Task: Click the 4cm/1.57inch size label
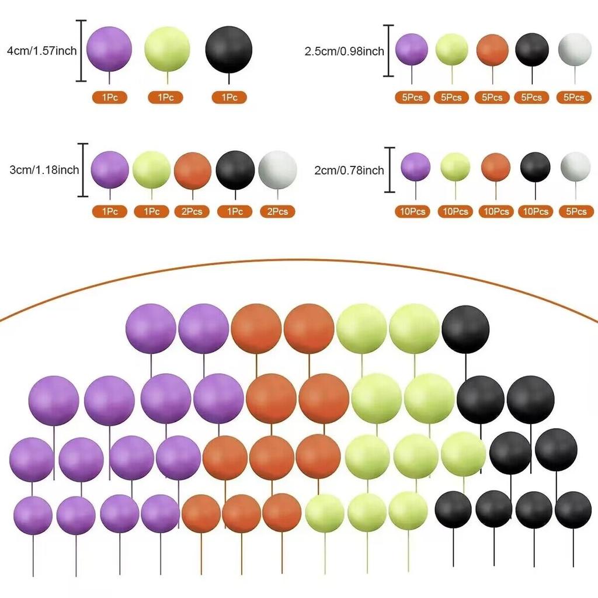pyautogui.click(x=42, y=51)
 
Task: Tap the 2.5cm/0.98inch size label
pyautogui.click(x=345, y=51)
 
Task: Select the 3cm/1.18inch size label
pyautogui.click(x=44, y=170)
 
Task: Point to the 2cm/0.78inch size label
pyautogui.click(x=349, y=170)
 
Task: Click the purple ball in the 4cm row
pyautogui.click(x=109, y=49)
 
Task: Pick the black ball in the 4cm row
pyautogui.click(x=228, y=50)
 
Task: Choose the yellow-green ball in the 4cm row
pyautogui.click(x=167, y=49)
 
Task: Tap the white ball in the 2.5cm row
pyautogui.click(x=575, y=50)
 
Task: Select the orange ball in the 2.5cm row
pyautogui.click(x=492, y=50)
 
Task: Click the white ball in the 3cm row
pyautogui.click(x=277, y=170)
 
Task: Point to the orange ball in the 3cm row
pyautogui.click(x=193, y=171)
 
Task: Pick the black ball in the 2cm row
pyautogui.click(x=536, y=167)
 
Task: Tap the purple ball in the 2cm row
pyautogui.click(x=416, y=166)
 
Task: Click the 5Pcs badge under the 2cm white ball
pyautogui.click(x=576, y=211)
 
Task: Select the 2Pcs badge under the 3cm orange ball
pyautogui.click(x=192, y=211)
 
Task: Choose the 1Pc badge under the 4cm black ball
pyautogui.click(x=229, y=98)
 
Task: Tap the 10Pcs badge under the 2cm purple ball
pyautogui.click(x=413, y=211)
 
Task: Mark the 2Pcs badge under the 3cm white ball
pyautogui.click(x=277, y=211)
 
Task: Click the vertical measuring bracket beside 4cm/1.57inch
pyautogui.click(x=81, y=51)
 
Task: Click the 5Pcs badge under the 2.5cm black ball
pyautogui.click(x=531, y=98)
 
